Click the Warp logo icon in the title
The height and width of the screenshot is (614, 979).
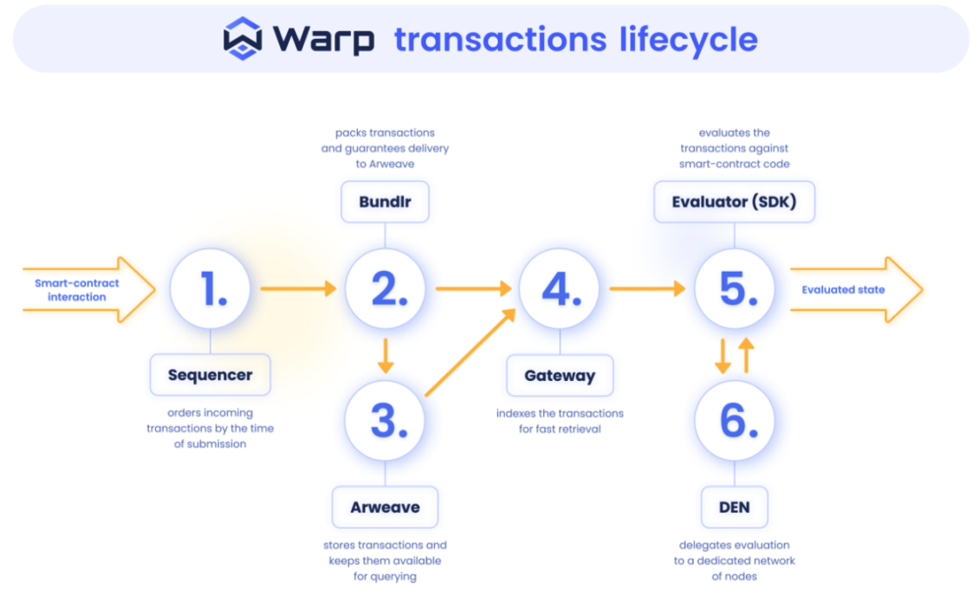tap(243, 38)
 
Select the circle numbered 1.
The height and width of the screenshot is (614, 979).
tap(211, 289)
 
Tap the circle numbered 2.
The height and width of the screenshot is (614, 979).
tap(386, 289)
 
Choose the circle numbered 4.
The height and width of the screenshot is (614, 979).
tap(560, 289)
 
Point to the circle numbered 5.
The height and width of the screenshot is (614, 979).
tap(735, 289)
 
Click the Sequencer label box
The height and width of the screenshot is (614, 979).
tap(211, 375)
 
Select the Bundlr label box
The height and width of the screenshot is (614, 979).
tap(386, 203)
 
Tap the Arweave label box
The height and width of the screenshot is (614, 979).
tap(386, 507)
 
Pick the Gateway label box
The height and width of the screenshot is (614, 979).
tap(560, 376)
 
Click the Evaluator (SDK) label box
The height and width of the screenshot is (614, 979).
tap(735, 203)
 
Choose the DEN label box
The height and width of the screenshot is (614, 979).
tap(735, 507)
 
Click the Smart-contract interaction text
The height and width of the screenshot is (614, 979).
tap(77, 290)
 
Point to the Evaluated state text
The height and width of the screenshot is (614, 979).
tap(843, 289)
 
